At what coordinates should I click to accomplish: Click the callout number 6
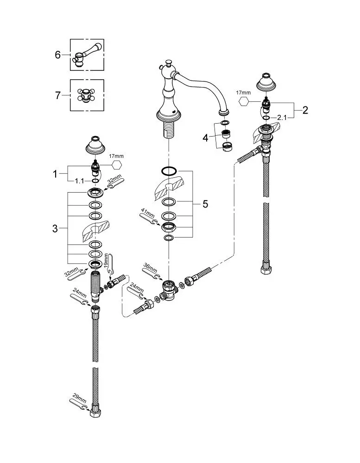[57, 55]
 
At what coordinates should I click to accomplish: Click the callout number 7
[57, 95]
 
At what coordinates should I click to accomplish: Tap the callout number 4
[205, 138]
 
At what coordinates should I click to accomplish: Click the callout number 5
[205, 204]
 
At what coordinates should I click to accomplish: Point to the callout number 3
[55, 228]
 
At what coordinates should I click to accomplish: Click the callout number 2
[305, 110]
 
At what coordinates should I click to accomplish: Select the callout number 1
[55, 174]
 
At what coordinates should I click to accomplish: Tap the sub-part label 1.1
[80, 181]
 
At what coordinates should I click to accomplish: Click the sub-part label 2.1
[282, 118]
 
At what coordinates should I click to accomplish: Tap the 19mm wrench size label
[107, 261]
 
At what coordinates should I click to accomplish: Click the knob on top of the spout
[169, 63]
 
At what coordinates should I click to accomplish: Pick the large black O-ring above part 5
[169, 171]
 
